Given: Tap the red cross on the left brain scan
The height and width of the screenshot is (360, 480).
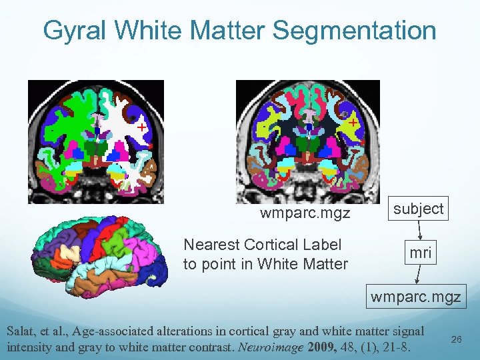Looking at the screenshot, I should coord(141,126).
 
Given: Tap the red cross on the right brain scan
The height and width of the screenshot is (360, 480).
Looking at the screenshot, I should coord(351,123).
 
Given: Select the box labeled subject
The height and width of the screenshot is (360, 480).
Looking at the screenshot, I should coord(418,209).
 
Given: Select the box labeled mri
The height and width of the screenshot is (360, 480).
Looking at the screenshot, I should coord(420,253).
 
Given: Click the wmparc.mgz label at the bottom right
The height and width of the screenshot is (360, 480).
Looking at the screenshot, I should coord(415,297).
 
